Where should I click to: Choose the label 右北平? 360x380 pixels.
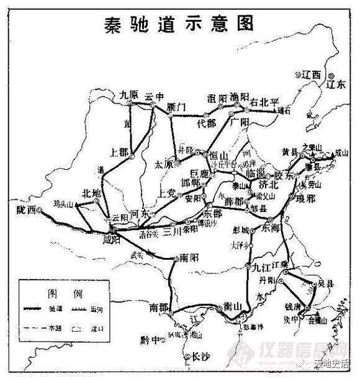pos(265,102)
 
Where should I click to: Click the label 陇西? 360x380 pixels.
pos(27,210)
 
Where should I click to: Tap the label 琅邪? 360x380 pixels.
pos(308,198)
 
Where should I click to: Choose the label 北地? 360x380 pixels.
pos(91,193)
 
